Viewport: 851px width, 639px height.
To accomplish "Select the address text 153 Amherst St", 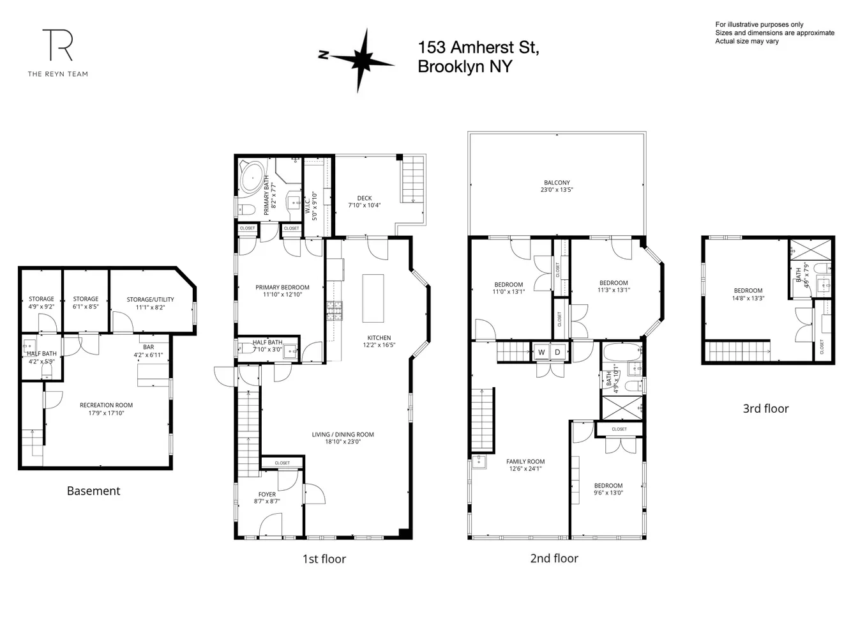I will click(x=478, y=47).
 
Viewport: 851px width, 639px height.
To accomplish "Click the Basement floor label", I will click(x=93, y=491).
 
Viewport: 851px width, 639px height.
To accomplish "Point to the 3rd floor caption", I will click(x=765, y=408).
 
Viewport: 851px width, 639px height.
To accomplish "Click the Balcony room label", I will click(x=557, y=183).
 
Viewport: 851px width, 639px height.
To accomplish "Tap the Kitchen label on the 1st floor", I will click(x=379, y=338).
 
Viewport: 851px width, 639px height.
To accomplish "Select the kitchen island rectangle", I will click(x=373, y=298).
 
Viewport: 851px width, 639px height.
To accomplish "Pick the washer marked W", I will click(x=541, y=352).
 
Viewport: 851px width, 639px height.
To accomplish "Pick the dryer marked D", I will click(x=557, y=352).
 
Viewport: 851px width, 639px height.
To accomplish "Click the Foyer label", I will click(x=267, y=494).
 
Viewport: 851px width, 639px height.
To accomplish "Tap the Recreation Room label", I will click(x=106, y=405).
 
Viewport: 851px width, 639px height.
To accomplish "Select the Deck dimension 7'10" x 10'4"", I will click(x=364, y=205).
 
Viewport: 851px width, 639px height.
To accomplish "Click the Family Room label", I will click(x=525, y=461).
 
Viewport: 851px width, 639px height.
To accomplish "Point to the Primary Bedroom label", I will click(x=282, y=288).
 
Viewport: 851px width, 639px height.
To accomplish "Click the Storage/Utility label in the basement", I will click(x=150, y=299).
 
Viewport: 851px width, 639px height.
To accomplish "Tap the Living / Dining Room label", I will click(x=343, y=435).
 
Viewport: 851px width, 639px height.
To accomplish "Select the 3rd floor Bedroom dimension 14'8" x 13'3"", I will click(x=748, y=298).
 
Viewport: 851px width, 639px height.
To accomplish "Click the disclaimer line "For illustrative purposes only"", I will click(x=759, y=24).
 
